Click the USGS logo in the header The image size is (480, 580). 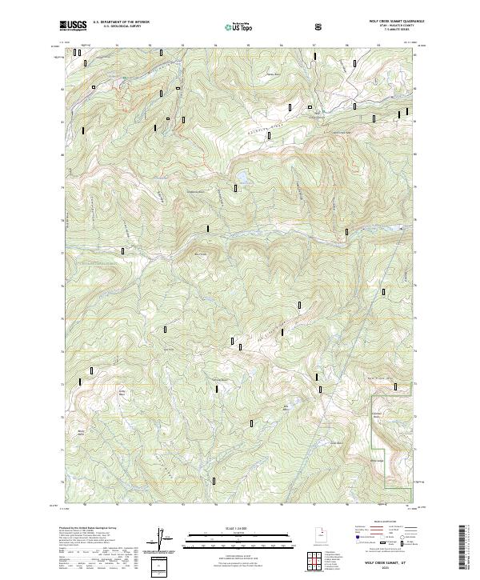[x=74, y=26]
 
